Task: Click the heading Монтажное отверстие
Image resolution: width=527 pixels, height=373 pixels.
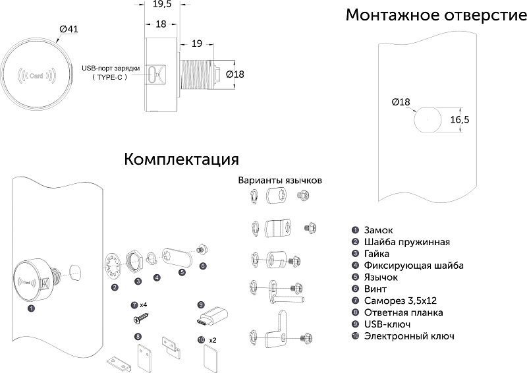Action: tap(432, 14)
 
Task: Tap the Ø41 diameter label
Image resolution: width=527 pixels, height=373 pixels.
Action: tap(69, 29)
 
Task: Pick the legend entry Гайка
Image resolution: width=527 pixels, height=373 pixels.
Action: tap(376, 254)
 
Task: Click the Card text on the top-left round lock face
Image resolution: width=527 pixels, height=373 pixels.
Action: tap(37, 76)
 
